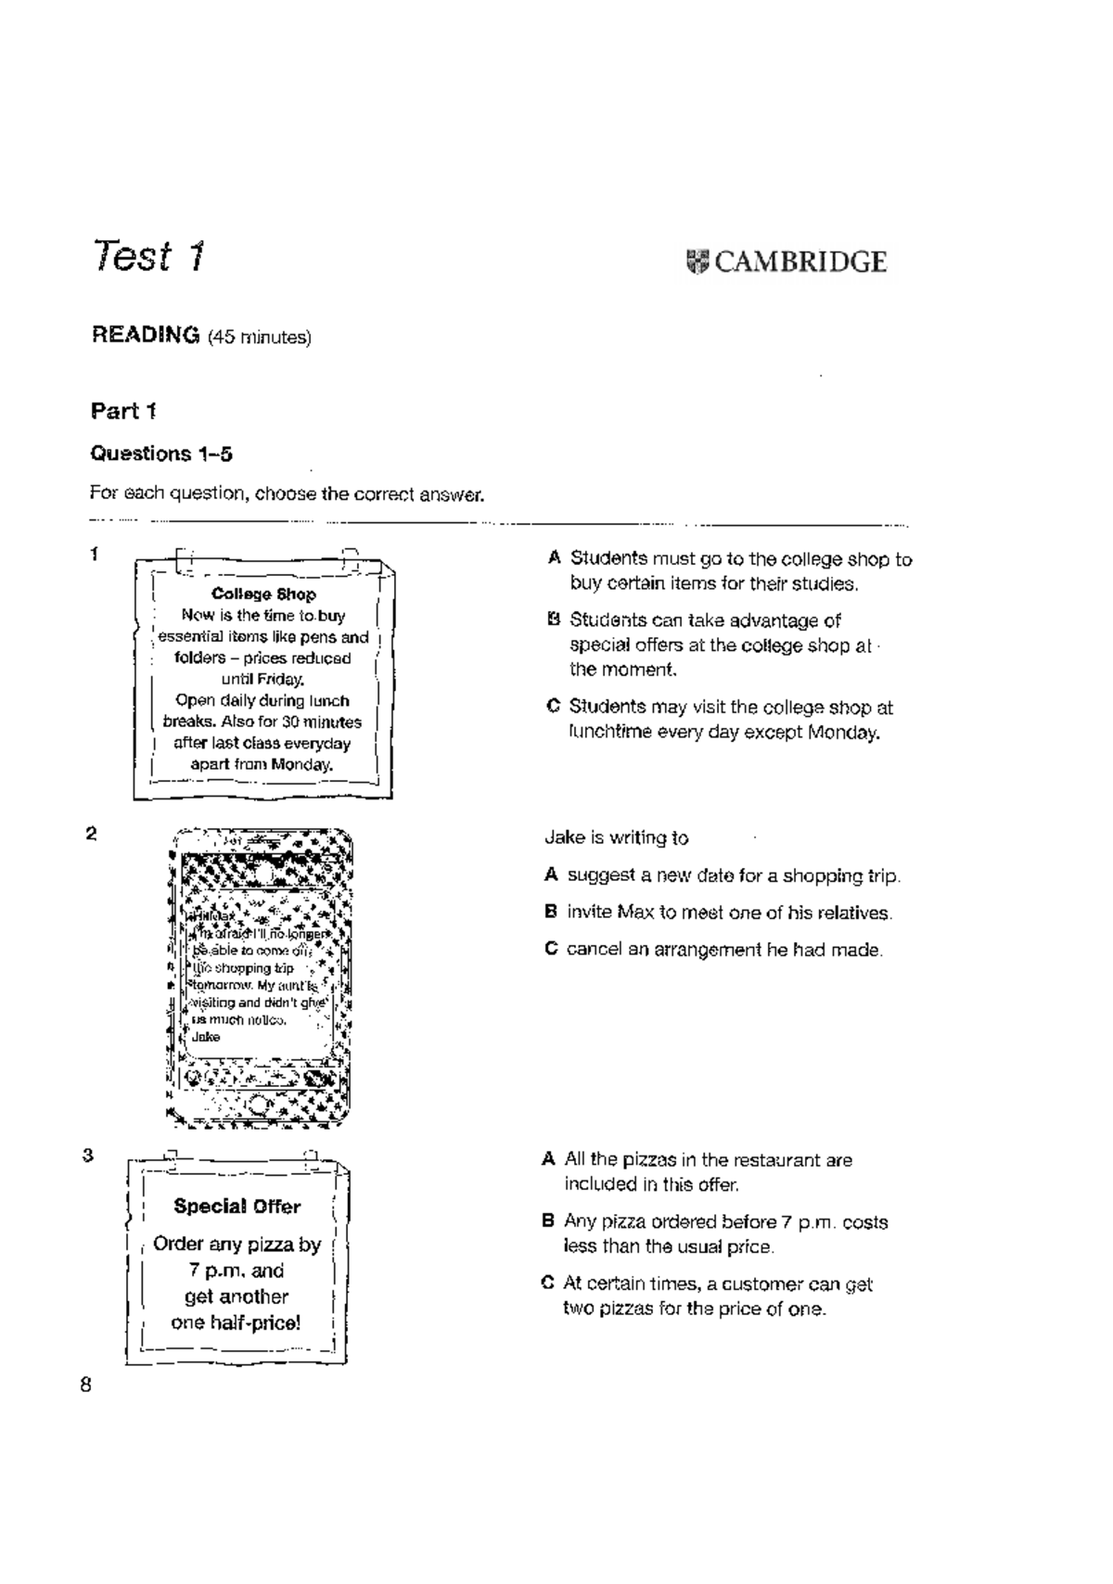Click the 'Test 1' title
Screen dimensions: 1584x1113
pos(148,257)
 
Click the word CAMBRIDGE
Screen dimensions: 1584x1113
pos(800,262)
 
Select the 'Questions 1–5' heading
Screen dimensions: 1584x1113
pos(160,453)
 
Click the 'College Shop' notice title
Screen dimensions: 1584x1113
pos(263,594)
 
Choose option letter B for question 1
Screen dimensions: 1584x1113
pos(554,620)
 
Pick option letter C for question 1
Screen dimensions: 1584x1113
pos(553,707)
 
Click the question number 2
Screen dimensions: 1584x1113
pos(91,833)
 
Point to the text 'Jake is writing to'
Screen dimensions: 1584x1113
pos(616,837)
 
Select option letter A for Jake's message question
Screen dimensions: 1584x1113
pos(551,875)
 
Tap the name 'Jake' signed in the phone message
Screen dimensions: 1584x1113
pos(205,1037)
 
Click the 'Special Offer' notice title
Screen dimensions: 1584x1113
pos(237,1207)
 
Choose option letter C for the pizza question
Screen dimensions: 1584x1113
pos(547,1284)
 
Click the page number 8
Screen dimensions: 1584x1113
pos(86,1386)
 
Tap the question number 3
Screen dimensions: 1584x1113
pos(88,1156)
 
